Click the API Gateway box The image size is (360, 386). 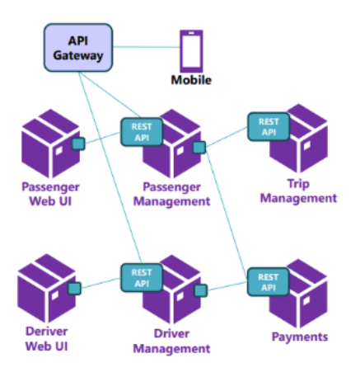coord(78,48)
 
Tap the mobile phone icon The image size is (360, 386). coord(191,51)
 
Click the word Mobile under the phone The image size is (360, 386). coord(191,80)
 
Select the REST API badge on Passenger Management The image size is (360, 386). coord(142,132)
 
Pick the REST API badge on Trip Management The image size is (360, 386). coord(269,127)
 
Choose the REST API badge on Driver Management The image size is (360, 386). coord(142,278)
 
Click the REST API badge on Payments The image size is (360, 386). coord(269,282)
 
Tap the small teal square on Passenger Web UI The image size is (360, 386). coord(78,144)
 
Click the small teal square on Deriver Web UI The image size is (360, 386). coord(74,289)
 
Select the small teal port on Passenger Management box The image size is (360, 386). coord(199,148)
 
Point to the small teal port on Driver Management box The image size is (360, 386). coord(201,290)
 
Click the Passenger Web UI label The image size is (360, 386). coord(50,194)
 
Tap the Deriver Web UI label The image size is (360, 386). coord(47,339)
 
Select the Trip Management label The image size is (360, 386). coord(298,191)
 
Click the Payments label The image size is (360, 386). coord(300,337)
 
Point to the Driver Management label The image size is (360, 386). coord(171,341)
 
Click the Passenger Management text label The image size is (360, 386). coord(172,194)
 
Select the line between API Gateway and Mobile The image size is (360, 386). coord(147,47)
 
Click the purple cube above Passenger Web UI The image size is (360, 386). coord(50,144)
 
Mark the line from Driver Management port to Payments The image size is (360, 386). coord(227,286)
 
